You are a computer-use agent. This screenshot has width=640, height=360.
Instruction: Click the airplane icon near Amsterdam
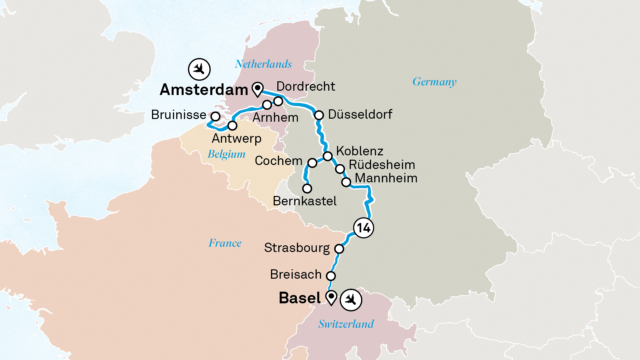[199, 69]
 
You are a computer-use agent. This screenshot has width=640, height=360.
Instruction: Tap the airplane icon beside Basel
[351, 300]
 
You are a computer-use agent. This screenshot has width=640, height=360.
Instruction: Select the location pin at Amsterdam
[258, 89]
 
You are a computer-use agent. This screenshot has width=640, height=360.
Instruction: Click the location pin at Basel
[331, 297]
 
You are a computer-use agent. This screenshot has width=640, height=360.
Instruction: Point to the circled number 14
[363, 228]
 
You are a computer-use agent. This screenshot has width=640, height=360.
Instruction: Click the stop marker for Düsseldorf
[319, 115]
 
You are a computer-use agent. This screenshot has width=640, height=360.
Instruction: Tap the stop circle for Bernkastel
[307, 189]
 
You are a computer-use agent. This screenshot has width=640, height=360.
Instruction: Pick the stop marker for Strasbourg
[339, 249]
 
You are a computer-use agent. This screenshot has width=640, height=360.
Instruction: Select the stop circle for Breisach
[331, 276]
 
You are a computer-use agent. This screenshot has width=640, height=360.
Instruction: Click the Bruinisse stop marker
[216, 116]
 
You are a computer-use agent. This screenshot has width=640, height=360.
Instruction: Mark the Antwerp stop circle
[232, 126]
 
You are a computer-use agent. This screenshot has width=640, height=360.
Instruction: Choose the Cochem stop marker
[312, 163]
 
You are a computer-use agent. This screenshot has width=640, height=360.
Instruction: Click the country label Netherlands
[263, 64]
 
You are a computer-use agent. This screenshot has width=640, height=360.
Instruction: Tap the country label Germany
[434, 82]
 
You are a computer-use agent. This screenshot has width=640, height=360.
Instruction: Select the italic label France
[225, 243]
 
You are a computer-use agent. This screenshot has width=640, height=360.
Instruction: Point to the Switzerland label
[346, 324]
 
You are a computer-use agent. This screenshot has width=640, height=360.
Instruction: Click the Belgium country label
[226, 154]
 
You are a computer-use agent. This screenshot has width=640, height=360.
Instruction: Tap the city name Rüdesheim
[382, 165]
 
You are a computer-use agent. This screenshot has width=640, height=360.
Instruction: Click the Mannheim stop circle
[346, 182]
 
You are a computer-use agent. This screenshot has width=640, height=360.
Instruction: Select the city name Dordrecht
[306, 86]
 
